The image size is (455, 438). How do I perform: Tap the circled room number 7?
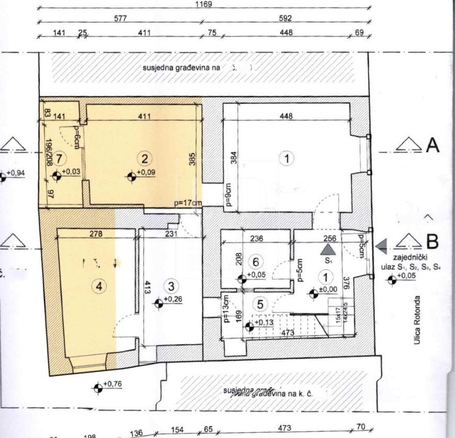coord(61,157)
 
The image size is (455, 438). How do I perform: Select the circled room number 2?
coord(145,157)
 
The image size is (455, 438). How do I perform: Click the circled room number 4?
coord(98,286)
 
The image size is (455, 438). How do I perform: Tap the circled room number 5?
coord(262,303)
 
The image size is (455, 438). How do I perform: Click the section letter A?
coord(432,145)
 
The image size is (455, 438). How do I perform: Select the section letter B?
coord(432,242)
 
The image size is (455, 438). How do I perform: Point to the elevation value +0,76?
coord(112,385)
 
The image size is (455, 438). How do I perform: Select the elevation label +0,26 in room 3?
coord(173,299)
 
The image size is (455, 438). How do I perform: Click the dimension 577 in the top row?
coord(121,18)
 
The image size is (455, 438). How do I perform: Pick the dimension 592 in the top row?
coord(285,18)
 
